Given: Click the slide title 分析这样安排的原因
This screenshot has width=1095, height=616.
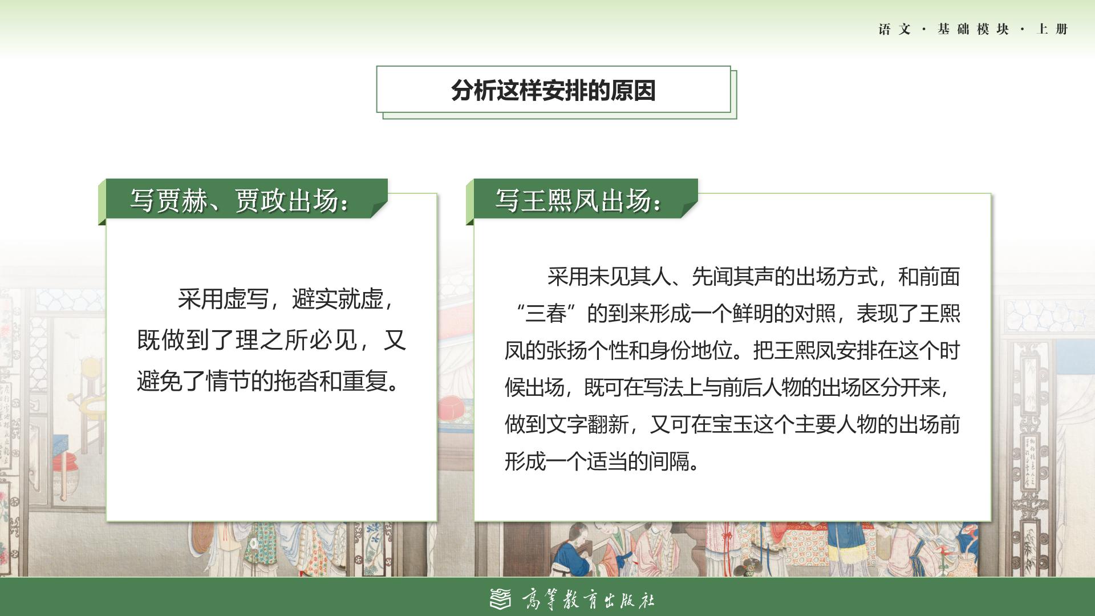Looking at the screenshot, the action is coord(553,90).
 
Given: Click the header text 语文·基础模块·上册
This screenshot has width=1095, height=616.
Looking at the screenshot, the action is coord(973,29).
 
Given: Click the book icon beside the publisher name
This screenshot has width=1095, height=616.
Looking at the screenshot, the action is coord(501,598).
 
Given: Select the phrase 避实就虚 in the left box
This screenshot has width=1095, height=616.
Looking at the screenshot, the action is coord(338,299).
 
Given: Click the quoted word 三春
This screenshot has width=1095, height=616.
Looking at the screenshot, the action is coord(546,314).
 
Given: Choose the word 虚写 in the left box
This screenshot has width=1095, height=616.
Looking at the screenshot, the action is coord(246,299).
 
